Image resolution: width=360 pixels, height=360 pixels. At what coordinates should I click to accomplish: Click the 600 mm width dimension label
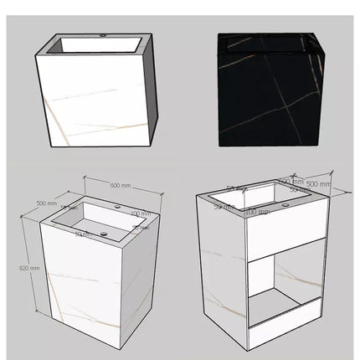[x=121, y=186]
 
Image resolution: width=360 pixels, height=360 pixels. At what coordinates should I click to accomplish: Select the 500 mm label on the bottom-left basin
[x=47, y=203]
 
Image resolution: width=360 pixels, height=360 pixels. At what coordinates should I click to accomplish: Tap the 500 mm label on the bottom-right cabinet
[x=318, y=183]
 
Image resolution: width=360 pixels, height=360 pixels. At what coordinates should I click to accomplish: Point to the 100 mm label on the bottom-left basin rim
[x=140, y=213]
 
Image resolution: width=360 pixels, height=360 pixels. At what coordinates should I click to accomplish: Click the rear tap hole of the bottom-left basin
[x=118, y=206]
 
